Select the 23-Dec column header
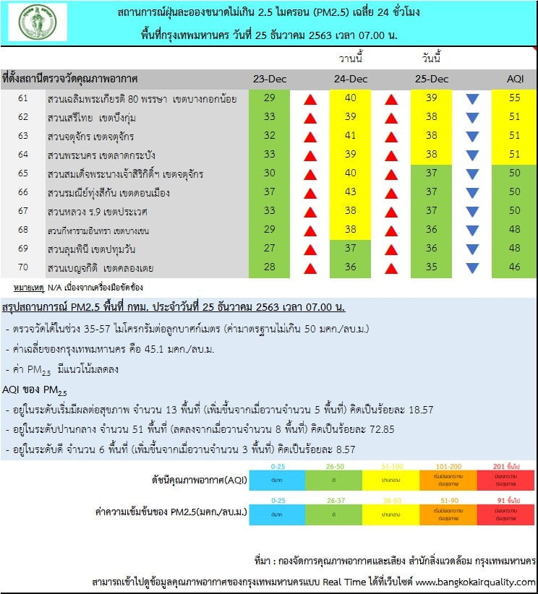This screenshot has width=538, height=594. [x=268, y=79]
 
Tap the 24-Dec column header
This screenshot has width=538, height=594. [x=351, y=79]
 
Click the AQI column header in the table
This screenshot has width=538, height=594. [x=515, y=79]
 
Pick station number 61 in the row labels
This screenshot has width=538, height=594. [x=23, y=99]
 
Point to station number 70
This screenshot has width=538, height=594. [x=23, y=268]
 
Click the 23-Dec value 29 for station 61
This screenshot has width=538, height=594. [x=269, y=99]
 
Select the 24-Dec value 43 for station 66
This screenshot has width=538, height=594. [x=351, y=193]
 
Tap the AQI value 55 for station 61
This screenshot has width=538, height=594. [x=515, y=99]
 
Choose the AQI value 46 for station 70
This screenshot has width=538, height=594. [x=515, y=268]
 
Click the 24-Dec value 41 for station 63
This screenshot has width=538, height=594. [x=351, y=137]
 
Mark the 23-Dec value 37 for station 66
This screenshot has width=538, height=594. [x=269, y=193]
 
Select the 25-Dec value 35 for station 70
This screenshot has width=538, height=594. [x=432, y=268]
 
